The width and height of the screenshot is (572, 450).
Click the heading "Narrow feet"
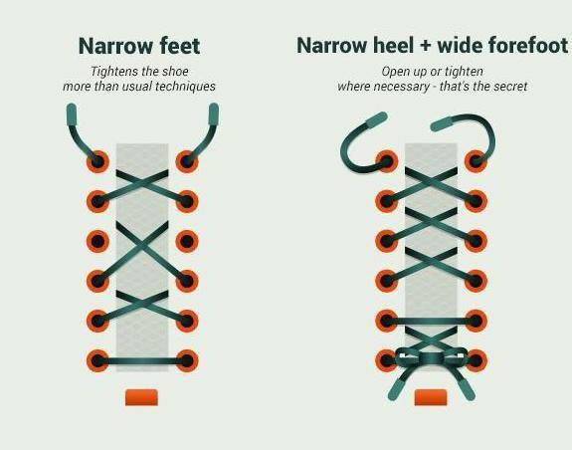tap(139, 46)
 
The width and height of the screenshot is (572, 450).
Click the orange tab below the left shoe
tap(141, 397)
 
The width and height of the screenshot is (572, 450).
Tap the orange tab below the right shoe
tap(431, 397)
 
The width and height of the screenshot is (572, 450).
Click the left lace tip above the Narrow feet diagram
tap(72, 114)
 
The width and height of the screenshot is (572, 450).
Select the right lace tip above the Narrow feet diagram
tap(214, 114)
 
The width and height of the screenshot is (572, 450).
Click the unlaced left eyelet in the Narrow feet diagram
tap(97, 241)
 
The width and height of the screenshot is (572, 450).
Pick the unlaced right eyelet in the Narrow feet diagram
tap(187, 241)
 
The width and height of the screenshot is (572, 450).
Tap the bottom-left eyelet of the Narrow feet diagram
tap(97, 361)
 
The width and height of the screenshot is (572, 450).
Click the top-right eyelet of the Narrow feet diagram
tap(187, 161)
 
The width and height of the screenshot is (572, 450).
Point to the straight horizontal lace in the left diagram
tap(142, 361)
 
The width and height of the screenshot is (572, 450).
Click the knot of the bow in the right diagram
tap(431, 357)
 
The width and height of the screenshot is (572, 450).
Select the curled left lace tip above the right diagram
tap(376, 119)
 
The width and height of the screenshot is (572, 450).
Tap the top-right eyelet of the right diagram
tap(476, 161)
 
